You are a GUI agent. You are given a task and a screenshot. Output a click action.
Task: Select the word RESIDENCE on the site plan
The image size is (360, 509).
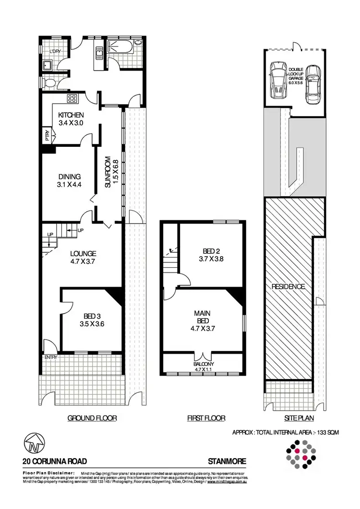click(288, 287)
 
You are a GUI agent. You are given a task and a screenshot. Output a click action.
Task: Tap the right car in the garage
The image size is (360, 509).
click(312, 85)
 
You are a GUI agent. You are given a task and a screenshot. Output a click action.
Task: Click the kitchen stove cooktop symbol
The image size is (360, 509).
click(72, 99)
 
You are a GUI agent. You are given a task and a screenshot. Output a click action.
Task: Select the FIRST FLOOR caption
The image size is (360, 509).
click(206, 418)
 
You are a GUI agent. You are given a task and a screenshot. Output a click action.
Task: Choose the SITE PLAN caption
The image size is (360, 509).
click(295, 418)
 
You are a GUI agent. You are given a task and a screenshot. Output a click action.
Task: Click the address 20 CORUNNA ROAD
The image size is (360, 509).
click(55, 461)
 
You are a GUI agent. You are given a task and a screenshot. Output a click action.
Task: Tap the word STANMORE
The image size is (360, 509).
click(227, 461)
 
